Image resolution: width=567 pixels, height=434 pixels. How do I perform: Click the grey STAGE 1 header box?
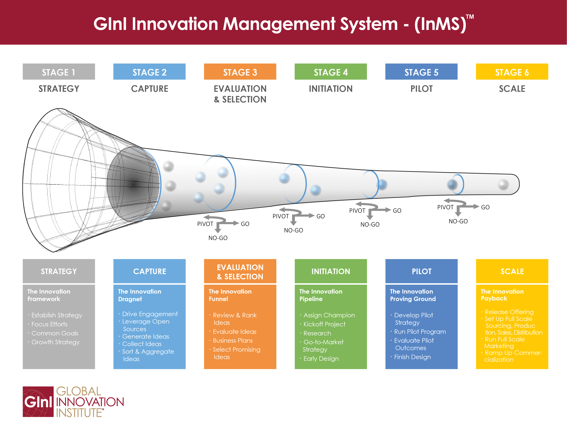(59, 72)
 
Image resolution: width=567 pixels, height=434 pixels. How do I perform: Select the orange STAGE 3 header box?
(240, 72)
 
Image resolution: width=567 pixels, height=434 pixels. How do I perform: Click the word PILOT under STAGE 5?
(421, 89)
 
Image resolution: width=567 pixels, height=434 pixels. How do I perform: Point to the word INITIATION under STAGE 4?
(331, 89)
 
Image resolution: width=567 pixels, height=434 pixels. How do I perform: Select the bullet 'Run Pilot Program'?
(420, 332)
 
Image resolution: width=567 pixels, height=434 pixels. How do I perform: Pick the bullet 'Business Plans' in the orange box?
(232, 340)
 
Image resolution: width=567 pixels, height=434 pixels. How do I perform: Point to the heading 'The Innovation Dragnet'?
(139, 295)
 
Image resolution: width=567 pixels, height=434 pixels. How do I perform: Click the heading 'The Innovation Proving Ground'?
(413, 295)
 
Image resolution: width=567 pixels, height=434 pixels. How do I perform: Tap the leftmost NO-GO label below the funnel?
(218, 238)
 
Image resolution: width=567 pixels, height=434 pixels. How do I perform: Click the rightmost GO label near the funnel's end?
(485, 207)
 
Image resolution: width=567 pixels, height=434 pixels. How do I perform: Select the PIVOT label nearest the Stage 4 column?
(357, 210)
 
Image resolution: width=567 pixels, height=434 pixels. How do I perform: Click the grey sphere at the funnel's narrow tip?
(503, 184)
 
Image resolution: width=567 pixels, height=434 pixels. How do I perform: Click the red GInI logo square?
(38, 401)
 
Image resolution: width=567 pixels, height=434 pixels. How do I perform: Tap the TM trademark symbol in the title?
(470, 17)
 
